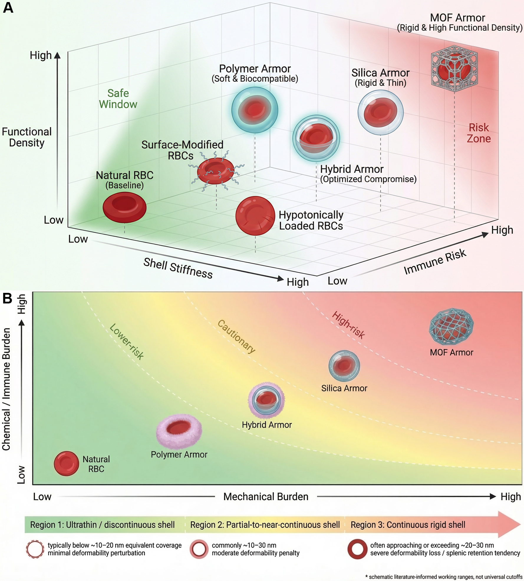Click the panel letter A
click(x=8, y=8)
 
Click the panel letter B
click(x=7, y=298)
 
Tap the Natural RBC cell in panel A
click(x=124, y=207)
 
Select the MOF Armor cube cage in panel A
click(x=454, y=68)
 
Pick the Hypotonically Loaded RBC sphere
click(x=255, y=216)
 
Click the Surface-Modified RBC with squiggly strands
click(x=215, y=171)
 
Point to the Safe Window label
click(x=118, y=99)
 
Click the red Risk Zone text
click(x=479, y=133)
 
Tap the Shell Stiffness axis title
click(x=178, y=268)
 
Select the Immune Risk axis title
click(x=435, y=261)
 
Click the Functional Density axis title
click(x=27, y=137)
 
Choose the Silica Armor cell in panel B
click(x=344, y=366)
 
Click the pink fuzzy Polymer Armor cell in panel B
click(x=179, y=431)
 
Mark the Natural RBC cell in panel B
click(x=66, y=464)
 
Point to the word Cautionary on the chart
click(x=236, y=336)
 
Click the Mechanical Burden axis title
click(x=266, y=497)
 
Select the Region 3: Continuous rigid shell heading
click(x=408, y=525)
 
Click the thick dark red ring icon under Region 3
click(x=357, y=549)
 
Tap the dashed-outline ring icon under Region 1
click(x=35, y=549)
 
